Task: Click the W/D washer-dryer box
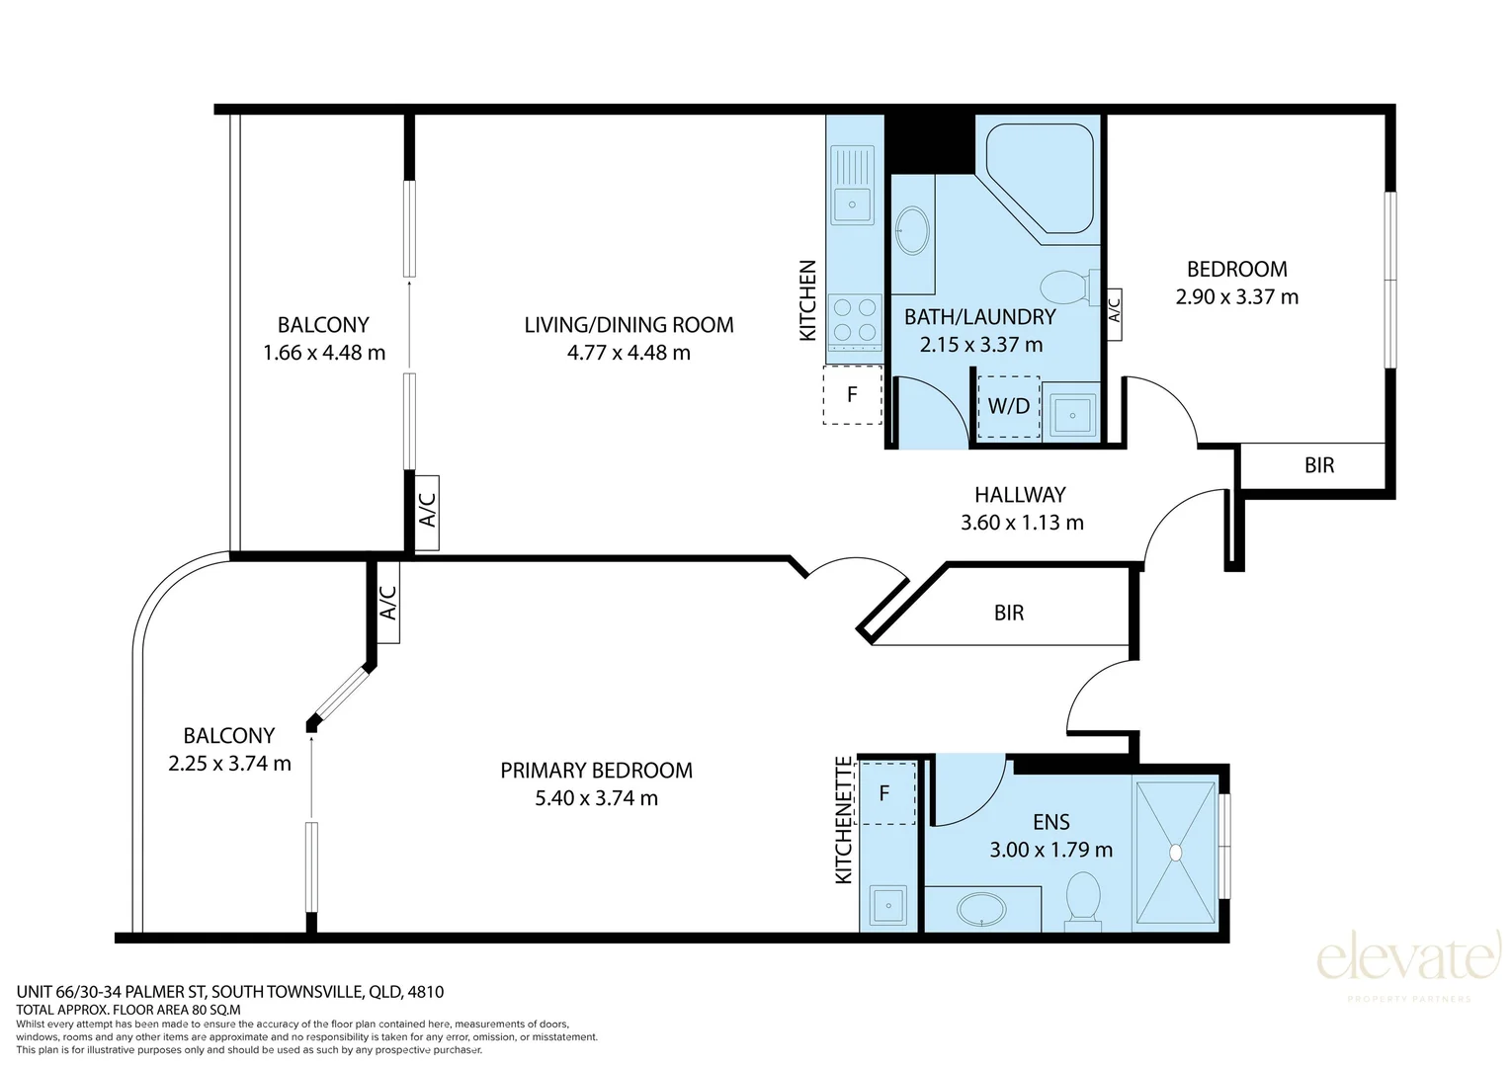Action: pos(1008,406)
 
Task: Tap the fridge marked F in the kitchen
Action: pos(852,394)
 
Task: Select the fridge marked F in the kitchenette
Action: pos(884,793)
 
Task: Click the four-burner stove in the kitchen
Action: pos(855,322)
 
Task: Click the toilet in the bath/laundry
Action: pos(1070,287)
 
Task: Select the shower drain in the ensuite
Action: pos(1175,853)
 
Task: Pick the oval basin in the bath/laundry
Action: pos(912,230)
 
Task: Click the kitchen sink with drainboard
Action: pos(853,186)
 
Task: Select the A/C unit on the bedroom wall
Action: pos(1114,314)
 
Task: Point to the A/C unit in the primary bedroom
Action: pos(387,603)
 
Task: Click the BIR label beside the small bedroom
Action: pos(1318,465)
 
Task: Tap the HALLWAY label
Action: pos(1020,495)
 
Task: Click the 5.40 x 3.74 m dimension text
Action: pos(596,798)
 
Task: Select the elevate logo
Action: pos(1408,965)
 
